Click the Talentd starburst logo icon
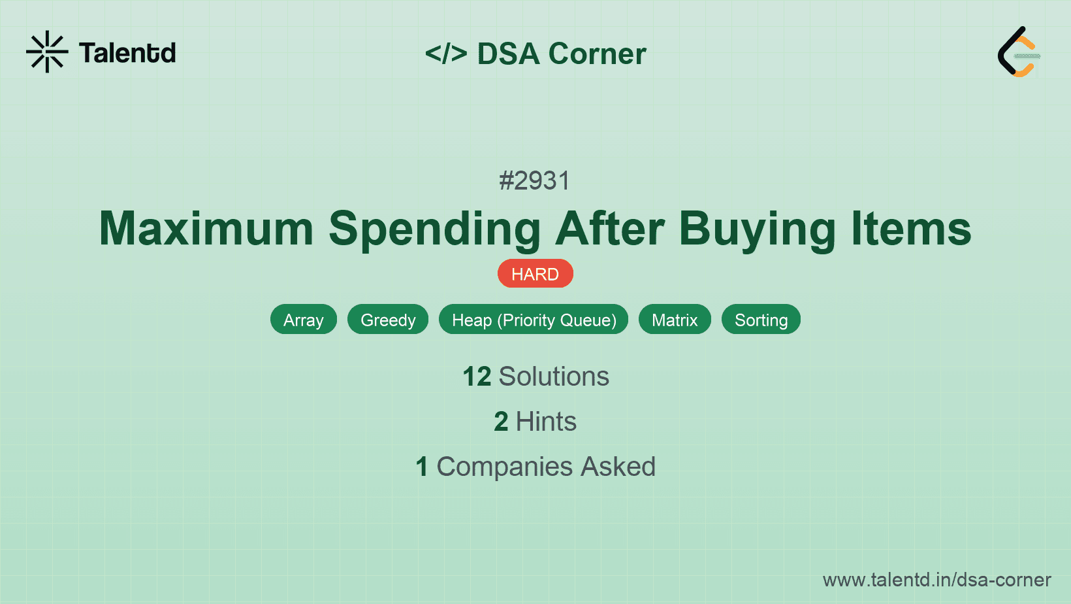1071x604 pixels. click(x=47, y=52)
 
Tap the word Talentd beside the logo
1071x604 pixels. click(x=127, y=53)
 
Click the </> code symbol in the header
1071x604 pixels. click(x=446, y=54)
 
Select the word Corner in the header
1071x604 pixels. click(x=598, y=54)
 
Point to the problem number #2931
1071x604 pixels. click(x=535, y=180)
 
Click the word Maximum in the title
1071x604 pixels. click(x=206, y=229)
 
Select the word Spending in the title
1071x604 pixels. click(x=434, y=229)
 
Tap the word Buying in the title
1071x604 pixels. click(x=758, y=229)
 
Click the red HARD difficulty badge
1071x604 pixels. click(x=535, y=274)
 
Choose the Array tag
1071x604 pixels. click(x=304, y=320)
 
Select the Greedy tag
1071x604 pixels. click(x=388, y=320)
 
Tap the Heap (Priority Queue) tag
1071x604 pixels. click(x=534, y=320)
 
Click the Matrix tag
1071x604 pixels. click(x=675, y=320)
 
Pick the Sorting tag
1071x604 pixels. click(x=761, y=320)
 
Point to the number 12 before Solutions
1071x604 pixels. click(x=477, y=377)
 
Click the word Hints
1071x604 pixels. click(x=546, y=422)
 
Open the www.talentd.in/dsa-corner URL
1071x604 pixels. click(x=936, y=580)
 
